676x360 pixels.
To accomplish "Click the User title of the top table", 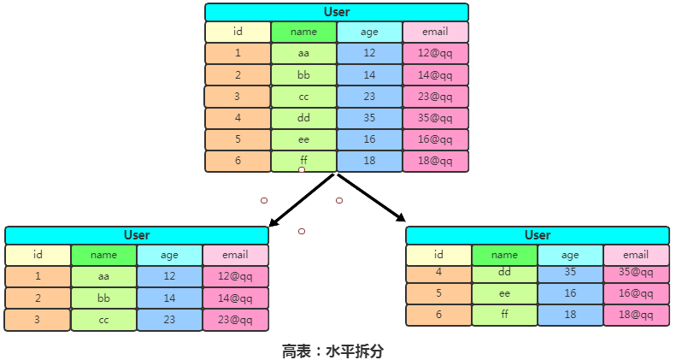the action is point(337,12).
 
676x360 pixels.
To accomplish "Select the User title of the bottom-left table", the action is point(137,235).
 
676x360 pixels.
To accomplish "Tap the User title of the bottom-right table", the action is point(538,235).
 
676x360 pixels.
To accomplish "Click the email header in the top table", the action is point(435,32).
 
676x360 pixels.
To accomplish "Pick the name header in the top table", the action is point(303,32).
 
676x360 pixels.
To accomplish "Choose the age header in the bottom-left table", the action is point(169,255).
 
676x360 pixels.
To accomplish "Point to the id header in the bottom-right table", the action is point(438,255).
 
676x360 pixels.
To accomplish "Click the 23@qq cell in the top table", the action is point(435,97).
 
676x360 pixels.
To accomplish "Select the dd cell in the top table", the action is point(303,118).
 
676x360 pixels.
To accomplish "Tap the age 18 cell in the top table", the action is point(369,161).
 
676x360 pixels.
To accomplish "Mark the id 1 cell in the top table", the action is point(238,53).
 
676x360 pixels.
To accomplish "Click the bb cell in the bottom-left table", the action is point(103,298).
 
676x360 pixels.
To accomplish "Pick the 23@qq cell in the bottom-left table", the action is point(235,320).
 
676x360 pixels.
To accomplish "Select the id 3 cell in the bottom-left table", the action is point(38,320).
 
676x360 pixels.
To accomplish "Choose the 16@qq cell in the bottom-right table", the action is point(636,293).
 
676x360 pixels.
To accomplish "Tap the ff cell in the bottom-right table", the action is point(504,315).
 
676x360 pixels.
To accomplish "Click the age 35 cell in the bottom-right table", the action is point(570,273).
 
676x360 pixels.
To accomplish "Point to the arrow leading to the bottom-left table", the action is point(300,201).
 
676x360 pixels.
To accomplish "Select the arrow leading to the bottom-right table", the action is point(372,198).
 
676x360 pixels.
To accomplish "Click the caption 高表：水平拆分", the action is point(338,351).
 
